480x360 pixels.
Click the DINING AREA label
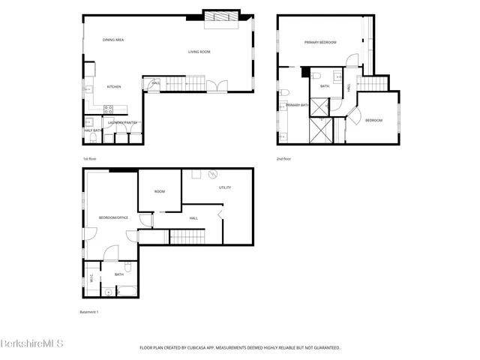[x=113, y=39]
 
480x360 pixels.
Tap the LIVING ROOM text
[x=199, y=52]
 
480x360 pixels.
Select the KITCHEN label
[x=114, y=86]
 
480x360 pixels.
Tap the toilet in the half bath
[x=88, y=120]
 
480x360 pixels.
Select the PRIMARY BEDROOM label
[x=319, y=43]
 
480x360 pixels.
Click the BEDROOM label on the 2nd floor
[x=373, y=120]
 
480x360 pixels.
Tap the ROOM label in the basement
[x=160, y=191]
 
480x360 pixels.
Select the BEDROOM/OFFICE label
[x=113, y=218]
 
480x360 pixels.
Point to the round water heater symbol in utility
[x=213, y=174]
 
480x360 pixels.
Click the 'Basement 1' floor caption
[x=89, y=311]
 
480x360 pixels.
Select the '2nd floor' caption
[x=283, y=159]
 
